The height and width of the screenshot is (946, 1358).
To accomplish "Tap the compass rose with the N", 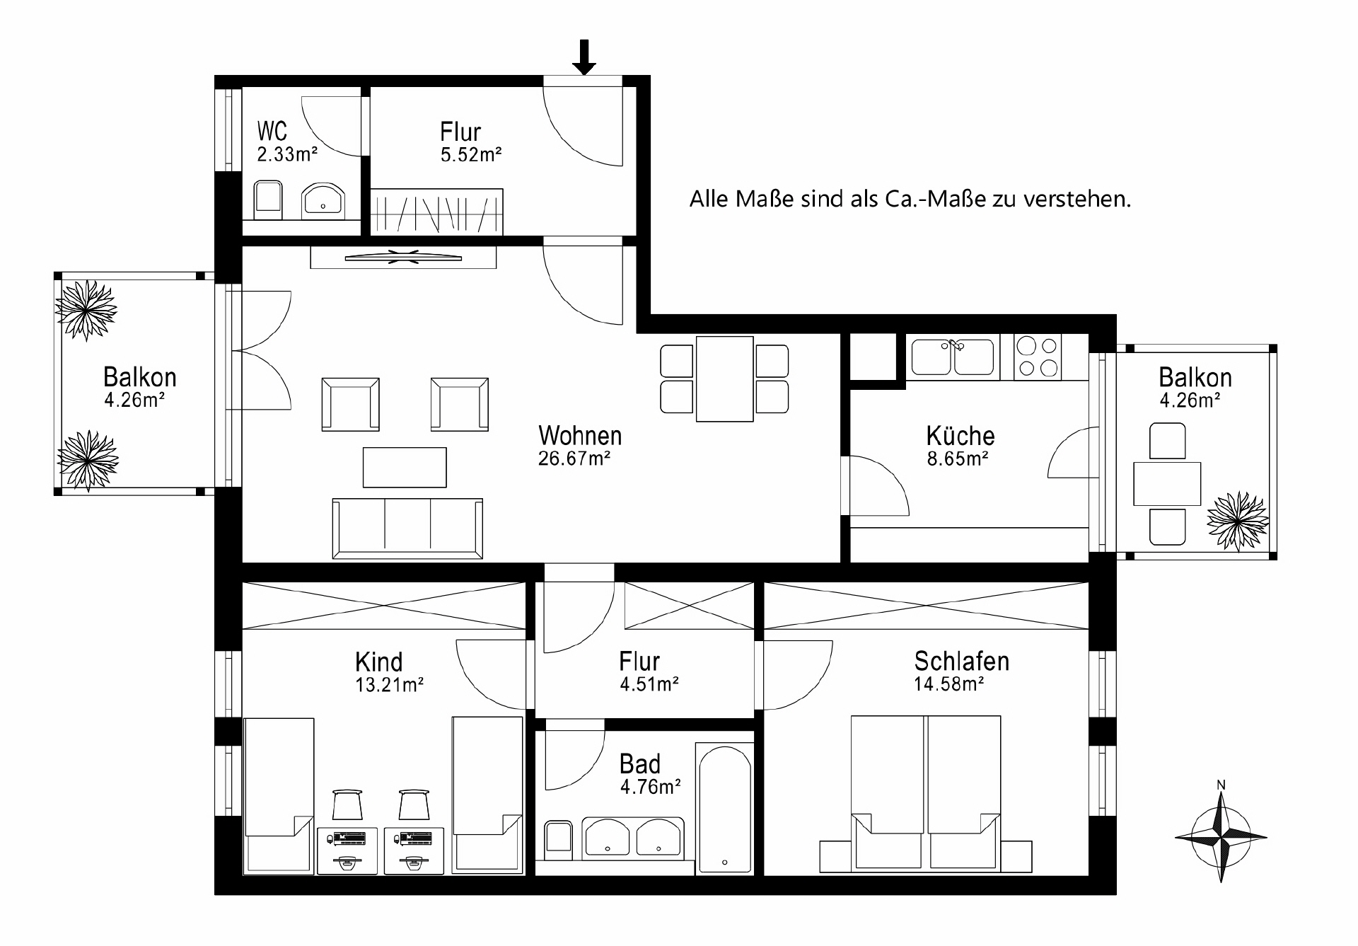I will tap(1221, 836).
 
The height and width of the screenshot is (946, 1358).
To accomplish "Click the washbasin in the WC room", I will tap(323, 200).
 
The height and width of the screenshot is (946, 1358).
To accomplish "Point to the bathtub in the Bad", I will tap(724, 807).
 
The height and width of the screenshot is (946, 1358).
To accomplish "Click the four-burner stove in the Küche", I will tap(1037, 356).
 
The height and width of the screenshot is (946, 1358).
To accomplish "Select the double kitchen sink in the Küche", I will tap(952, 356).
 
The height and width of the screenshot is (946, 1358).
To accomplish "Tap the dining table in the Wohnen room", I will tap(724, 379).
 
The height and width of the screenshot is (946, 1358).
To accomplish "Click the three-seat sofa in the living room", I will tap(407, 528).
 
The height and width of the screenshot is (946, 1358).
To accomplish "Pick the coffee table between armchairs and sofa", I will tap(405, 467).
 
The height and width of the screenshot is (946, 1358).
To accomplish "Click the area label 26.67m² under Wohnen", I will tap(574, 458).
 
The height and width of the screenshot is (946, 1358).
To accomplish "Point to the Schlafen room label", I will tap(961, 661).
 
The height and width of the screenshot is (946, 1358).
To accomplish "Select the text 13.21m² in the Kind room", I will tap(389, 685).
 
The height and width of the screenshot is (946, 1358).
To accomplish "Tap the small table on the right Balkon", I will tap(1167, 483).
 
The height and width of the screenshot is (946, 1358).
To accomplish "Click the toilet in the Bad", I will tap(558, 839).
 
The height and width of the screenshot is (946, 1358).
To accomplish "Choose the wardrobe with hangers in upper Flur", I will tap(436, 212).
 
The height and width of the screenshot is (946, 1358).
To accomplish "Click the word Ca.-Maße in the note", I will tap(935, 199).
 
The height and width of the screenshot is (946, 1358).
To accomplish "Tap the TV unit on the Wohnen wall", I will tap(403, 258).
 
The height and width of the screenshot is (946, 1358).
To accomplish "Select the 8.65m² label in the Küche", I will tap(957, 458).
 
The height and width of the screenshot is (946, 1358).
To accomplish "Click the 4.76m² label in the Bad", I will tap(650, 787).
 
